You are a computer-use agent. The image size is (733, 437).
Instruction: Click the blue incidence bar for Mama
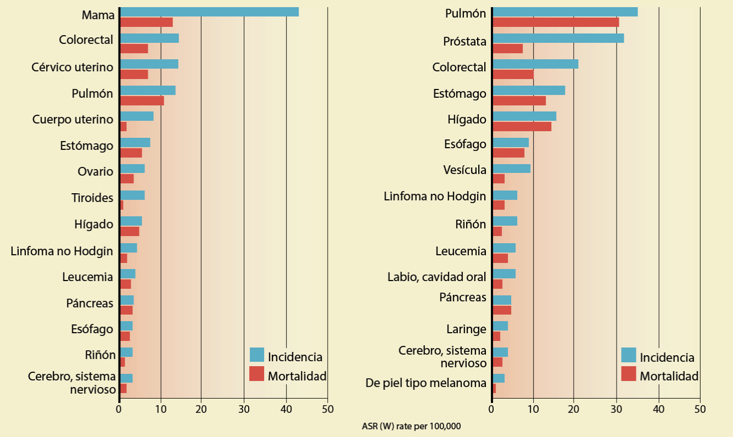point(209,12)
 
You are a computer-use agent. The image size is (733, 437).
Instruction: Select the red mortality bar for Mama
point(147,23)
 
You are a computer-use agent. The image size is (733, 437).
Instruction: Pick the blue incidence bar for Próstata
point(558,38)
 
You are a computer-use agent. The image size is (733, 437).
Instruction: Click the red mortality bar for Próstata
point(508,49)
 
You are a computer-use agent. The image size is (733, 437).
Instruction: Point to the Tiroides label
point(92,198)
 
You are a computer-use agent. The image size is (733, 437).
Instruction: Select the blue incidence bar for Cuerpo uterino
point(137,116)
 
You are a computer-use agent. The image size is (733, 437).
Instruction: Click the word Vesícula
point(465,170)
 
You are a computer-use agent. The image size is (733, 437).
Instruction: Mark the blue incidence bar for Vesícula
point(512,169)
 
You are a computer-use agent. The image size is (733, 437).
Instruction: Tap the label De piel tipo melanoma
point(426,383)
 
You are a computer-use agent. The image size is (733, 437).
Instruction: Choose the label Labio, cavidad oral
point(437,277)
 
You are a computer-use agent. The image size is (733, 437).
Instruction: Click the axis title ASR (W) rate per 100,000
point(411,426)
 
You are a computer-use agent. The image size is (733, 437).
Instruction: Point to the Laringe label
point(466,329)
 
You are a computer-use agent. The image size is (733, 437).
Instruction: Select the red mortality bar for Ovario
point(127,179)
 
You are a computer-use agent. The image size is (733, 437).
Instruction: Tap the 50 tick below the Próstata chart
point(700,409)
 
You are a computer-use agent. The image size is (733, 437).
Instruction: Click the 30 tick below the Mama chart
point(244,409)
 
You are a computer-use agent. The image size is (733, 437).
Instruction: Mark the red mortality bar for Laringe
point(496,336)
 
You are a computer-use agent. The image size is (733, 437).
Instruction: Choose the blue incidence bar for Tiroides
point(132,195)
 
